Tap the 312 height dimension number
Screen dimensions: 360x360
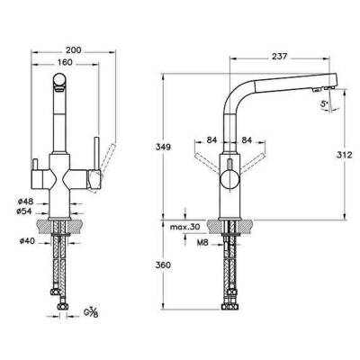(x=340, y=154)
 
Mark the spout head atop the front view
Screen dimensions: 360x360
(x=58, y=85)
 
